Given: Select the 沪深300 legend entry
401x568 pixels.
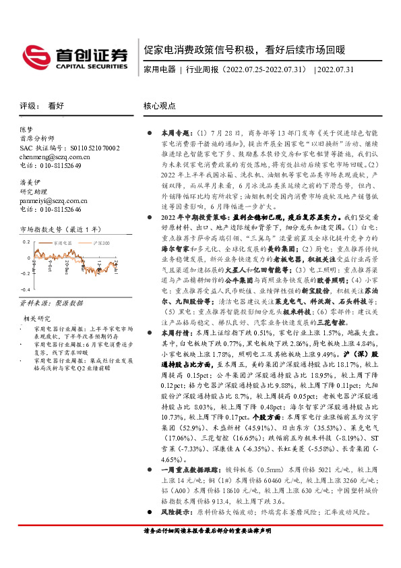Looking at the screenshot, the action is tap(103, 242).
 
